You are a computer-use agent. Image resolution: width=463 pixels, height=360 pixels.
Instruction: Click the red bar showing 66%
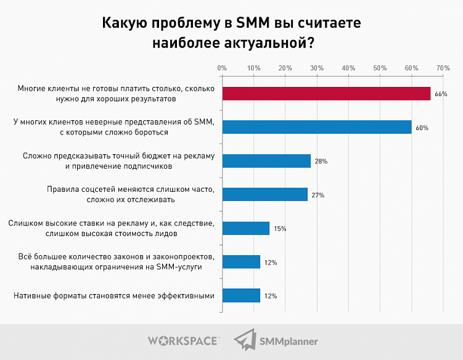click(326, 94)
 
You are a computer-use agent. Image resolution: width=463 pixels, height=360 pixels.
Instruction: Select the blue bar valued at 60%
click(317, 127)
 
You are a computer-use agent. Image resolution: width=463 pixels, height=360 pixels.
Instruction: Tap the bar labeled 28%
click(266, 161)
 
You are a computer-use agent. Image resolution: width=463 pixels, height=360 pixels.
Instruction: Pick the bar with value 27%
click(264, 195)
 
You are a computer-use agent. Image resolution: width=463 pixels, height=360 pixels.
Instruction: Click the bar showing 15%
click(245, 228)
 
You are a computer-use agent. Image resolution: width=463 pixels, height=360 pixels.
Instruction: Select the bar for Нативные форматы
click(241, 295)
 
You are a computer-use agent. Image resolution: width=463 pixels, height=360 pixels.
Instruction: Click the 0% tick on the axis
click(222, 67)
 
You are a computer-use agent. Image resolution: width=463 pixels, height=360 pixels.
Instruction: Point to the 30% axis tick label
click(316, 67)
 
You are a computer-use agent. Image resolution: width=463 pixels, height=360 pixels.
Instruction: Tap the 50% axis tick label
click(380, 67)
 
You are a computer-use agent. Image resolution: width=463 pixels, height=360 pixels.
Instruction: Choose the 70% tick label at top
click(442, 67)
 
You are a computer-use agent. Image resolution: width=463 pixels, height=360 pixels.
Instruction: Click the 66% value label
click(440, 94)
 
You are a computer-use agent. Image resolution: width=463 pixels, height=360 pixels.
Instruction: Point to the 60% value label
click(422, 128)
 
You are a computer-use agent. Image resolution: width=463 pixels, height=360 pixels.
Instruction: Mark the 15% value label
click(280, 229)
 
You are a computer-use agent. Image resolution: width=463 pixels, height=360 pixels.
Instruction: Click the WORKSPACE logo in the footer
click(183, 340)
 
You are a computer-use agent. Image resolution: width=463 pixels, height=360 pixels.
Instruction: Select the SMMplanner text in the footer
click(289, 340)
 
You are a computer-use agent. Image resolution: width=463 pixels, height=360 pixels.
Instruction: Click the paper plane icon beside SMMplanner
click(245, 339)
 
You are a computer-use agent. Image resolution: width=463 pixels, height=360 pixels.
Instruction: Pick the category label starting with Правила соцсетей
click(131, 195)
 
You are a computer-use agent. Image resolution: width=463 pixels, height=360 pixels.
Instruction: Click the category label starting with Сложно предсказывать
click(118, 161)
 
